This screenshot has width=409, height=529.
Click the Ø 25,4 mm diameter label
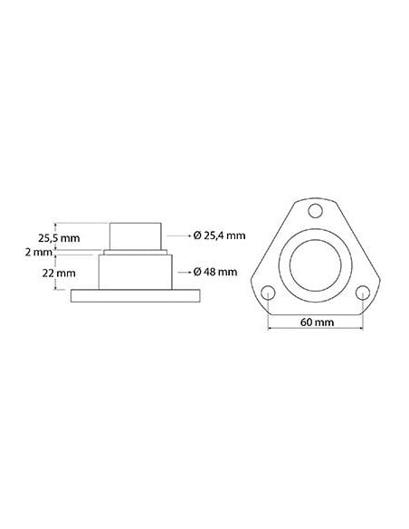click(x=220, y=236)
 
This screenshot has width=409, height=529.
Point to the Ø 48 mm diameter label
click(x=215, y=272)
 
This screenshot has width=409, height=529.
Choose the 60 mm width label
click(x=314, y=322)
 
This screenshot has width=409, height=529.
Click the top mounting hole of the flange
click(x=314, y=212)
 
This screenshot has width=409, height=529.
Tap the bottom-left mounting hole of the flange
click(x=268, y=293)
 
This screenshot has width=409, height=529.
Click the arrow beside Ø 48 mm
click(x=184, y=272)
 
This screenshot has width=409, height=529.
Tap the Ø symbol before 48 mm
click(x=197, y=272)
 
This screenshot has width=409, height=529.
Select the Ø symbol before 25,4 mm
click(x=197, y=236)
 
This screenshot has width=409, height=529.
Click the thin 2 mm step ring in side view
click(x=136, y=253)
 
